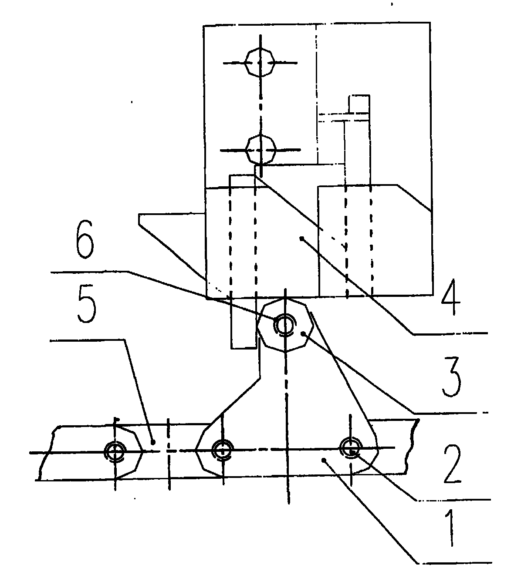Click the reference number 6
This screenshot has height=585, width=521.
(85, 239)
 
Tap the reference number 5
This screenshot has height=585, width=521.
(87, 305)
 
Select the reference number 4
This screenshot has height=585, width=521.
(450, 297)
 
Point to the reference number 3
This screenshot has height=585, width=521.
(451, 377)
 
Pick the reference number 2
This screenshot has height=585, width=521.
(453, 464)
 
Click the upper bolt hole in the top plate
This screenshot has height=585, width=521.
(260, 62)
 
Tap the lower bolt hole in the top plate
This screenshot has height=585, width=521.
(261, 150)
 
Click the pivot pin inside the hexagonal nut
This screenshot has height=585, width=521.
(284, 325)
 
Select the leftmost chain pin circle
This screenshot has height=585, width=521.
(115, 452)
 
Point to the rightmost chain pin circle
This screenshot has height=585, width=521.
(351, 447)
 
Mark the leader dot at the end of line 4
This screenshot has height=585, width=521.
(302, 238)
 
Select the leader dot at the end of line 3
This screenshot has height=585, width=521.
(303, 334)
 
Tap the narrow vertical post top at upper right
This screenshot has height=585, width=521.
(359, 104)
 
